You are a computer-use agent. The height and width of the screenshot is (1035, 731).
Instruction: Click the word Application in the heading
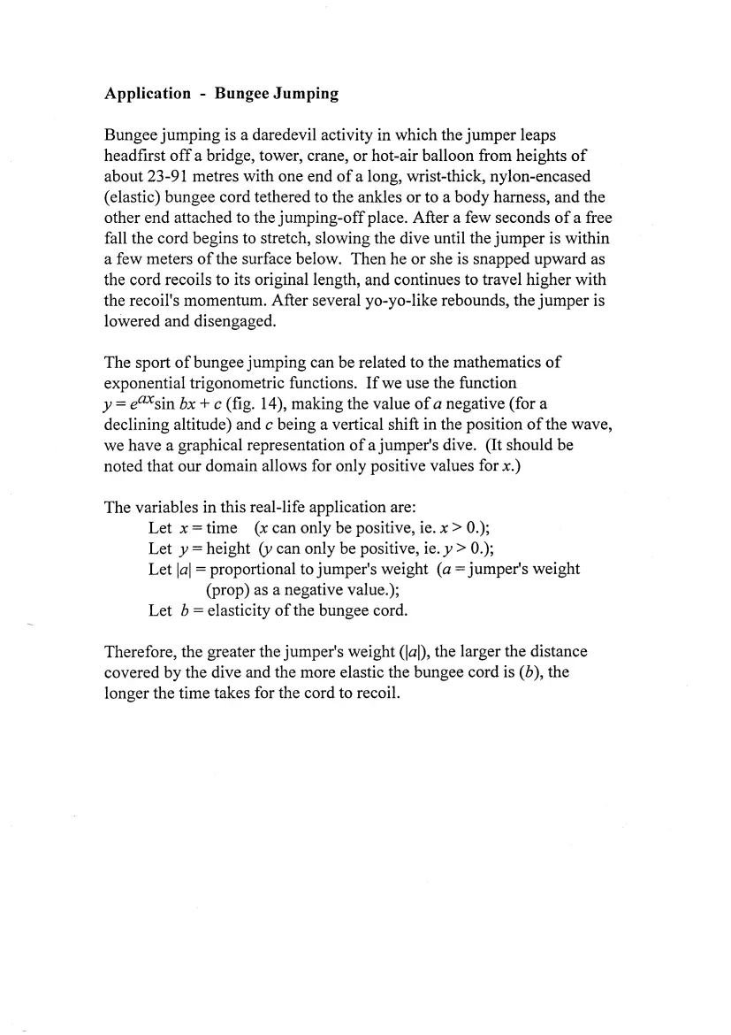pyautogui.click(x=147, y=94)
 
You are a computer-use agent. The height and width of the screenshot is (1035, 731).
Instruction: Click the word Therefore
pyautogui.click(x=143, y=652)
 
